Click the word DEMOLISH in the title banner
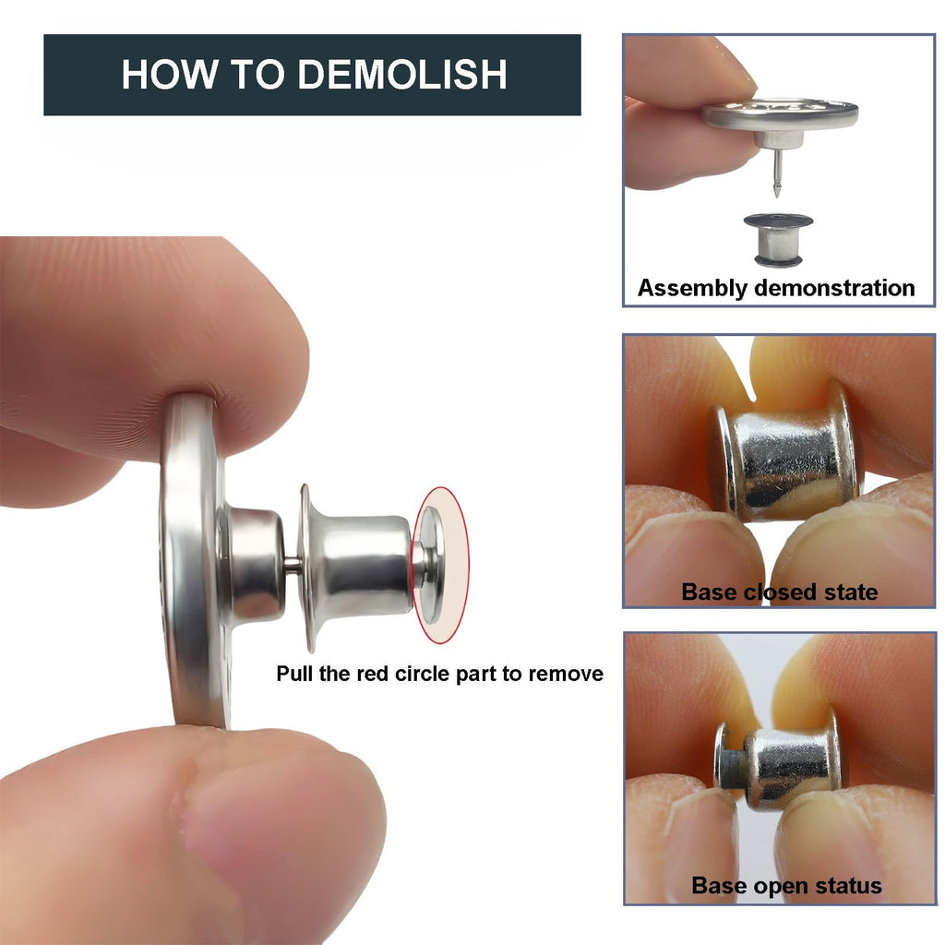coord(402,74)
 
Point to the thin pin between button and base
coord(293,565)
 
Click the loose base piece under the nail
coord(778,239)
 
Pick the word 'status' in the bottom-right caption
coord(848,886)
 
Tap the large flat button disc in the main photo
coord(193,560)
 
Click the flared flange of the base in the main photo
coord(308,568)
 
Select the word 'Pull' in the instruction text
coord(294,673)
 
